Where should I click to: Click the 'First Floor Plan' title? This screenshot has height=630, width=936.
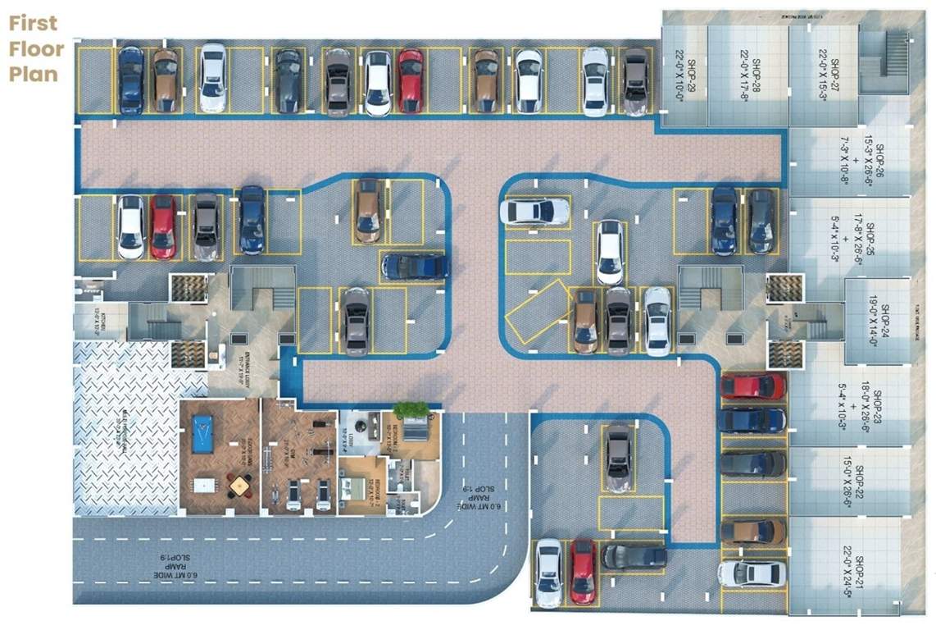click(x=36, y=48)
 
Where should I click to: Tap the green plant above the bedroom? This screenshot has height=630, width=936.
click(x=411, y=409)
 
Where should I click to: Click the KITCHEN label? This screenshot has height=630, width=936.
click(x=97, y=317)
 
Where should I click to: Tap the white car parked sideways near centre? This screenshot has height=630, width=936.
click(x=534, y=212)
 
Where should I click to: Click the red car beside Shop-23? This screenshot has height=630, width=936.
click(x=752, y=386)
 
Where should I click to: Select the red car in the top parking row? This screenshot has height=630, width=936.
click(x=411, y=81)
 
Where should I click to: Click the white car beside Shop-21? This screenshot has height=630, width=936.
click(x=752, y=573)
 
